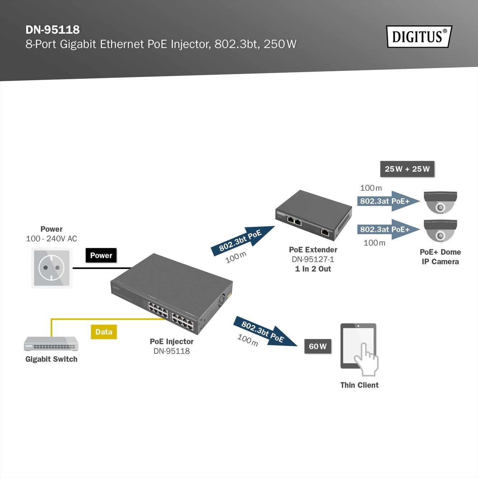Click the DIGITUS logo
pos(419,37)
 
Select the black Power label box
pos(101,255)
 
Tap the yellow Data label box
pos(104,332)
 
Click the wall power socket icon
pos(52,268)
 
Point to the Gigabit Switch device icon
pos(51,344)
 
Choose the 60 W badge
pos(318,346)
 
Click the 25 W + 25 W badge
pos(407,169)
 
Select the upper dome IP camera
pos(440,202)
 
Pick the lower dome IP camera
pos(440,231)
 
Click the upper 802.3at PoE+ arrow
pos(388,201)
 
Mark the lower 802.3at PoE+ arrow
pos(388,229)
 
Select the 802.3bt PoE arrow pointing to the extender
pos(243,240)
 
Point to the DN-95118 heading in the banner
pos(53,30)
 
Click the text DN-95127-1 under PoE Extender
pos(313,259)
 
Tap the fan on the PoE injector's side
pos(222,300)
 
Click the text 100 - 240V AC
pos(51,238)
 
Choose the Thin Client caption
pos(359,385)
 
